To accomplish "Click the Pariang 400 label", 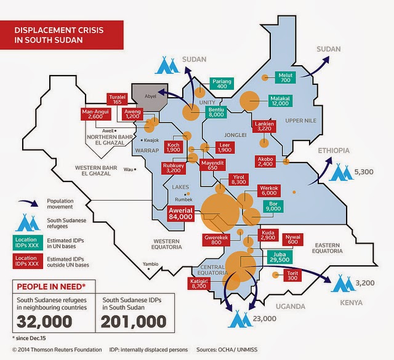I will click(222, 84).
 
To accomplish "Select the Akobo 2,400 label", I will click(265, 161).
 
